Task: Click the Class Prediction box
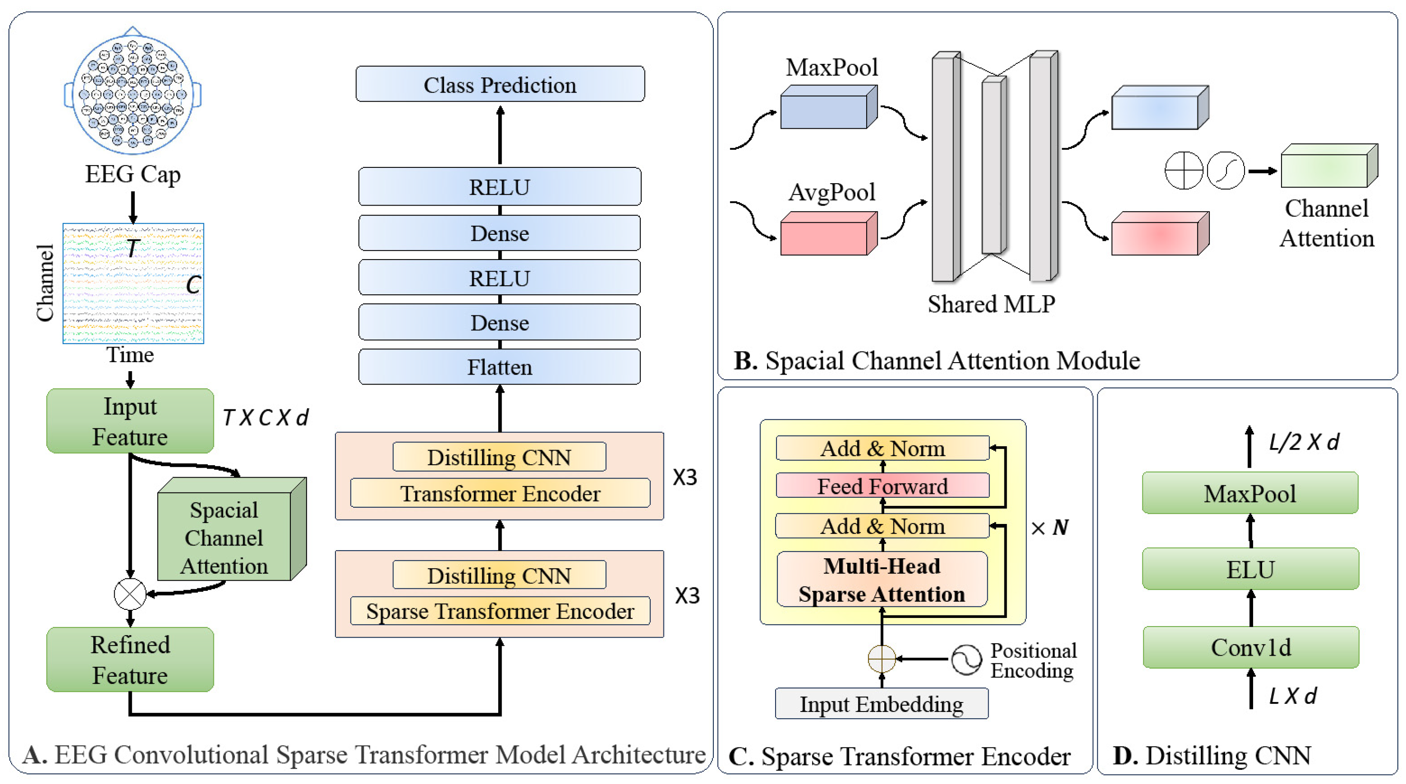coord(499,84)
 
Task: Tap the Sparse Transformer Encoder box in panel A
coord(499,611)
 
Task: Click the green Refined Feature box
coord(130,659)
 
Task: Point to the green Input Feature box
coord(130,421)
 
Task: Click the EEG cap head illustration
coord(133,93)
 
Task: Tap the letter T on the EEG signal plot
coord(133,248)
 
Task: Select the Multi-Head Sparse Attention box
coord(882,580)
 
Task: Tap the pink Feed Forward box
coord(882,486)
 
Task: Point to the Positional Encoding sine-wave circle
coord(966,660)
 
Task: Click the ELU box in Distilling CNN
coord(1250,569)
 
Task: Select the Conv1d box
coord(1251,647)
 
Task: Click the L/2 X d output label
coord(1303,442)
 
